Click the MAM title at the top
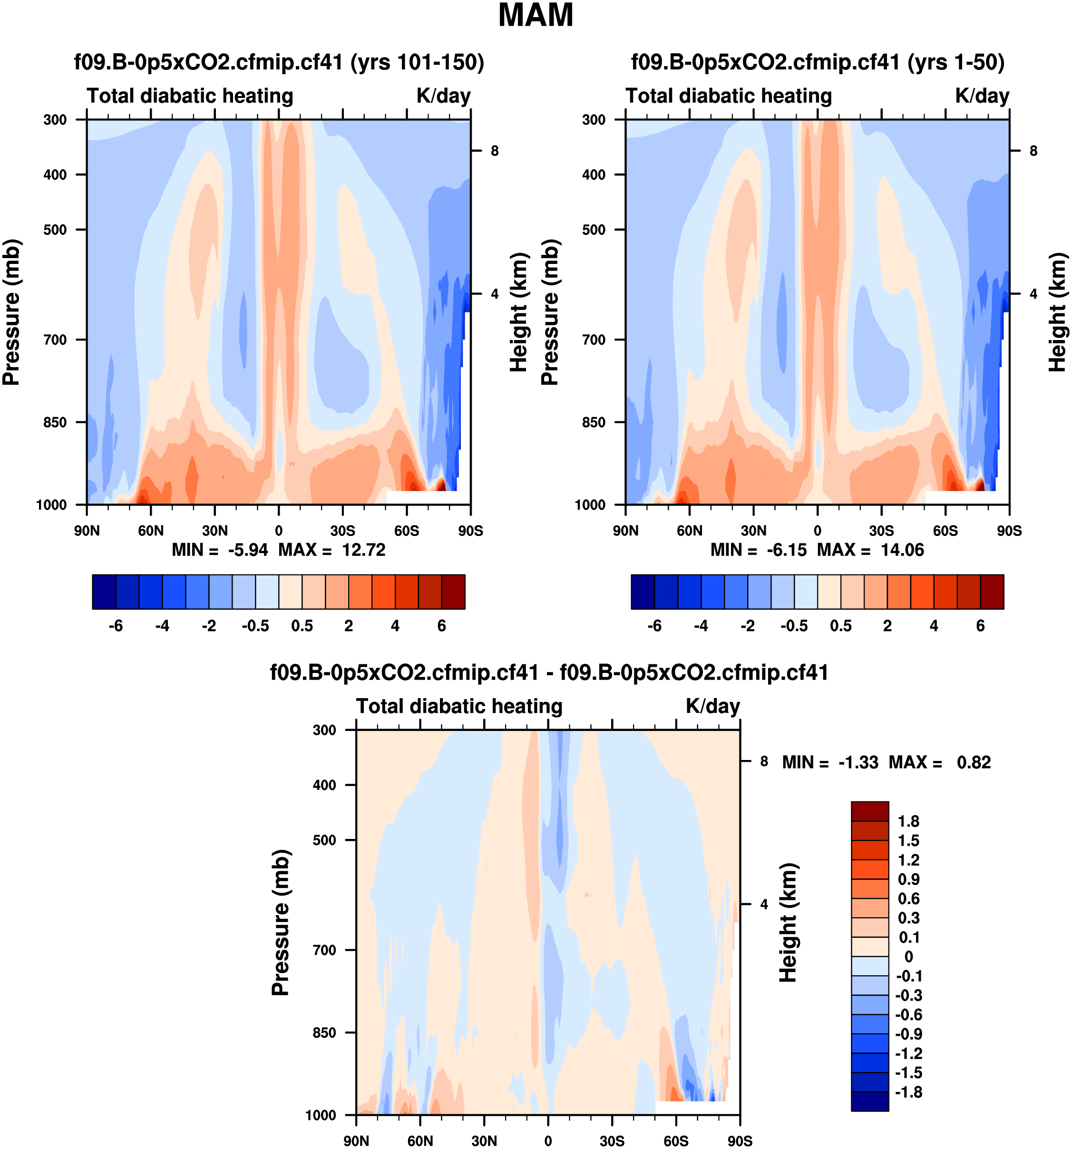coord(535,16)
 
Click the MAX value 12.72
coord(363,550)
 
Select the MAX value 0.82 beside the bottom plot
coord(974,762)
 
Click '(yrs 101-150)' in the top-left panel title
coord(417,62)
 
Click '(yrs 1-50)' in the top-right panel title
coord(956,62)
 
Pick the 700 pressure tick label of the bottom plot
coord(324,950)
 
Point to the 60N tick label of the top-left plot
coord(151,531)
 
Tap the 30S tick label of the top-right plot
coord(881,531)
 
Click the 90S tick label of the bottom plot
coord(740,1141)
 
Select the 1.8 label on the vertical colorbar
coord(908,821)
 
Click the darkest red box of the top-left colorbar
coord(453,592)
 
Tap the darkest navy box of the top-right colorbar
coord(643,592)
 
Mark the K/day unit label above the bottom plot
coord(712,706)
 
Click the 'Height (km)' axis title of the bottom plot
coord(788,923)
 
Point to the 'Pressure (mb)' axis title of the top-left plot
coord(11,312)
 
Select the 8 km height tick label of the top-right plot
coord(1033,151)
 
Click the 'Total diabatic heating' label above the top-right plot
coord(728,96)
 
